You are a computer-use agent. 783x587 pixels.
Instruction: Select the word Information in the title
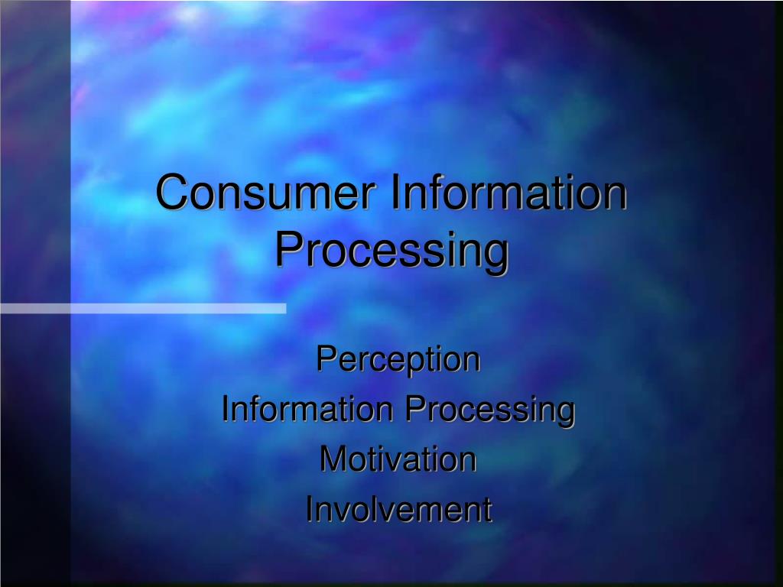pyautogui.click(x=508, y=193)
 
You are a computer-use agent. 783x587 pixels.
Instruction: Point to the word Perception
pyautogui.click(x=398, y=359)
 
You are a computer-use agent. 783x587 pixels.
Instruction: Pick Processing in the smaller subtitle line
pyautogui.click(x=489, y=410)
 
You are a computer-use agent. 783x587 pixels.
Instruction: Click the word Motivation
pyautogui.click(x=398, y=459)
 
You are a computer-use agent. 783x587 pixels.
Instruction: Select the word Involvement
pyautogui.click(x=398, y=510)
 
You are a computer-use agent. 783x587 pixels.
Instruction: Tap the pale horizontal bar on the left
pyautogui.click(x=143, y=308)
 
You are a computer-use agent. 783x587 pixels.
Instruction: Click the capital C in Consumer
pyautogui.click(x=171, y=193)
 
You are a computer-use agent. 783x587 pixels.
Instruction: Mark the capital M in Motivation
pyautogui.click(x=331, y=459)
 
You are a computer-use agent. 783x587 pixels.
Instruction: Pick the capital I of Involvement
pyautogui.click(x=309, y=510)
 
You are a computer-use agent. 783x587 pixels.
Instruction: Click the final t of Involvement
pyautogui.click(x=486, y=511)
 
